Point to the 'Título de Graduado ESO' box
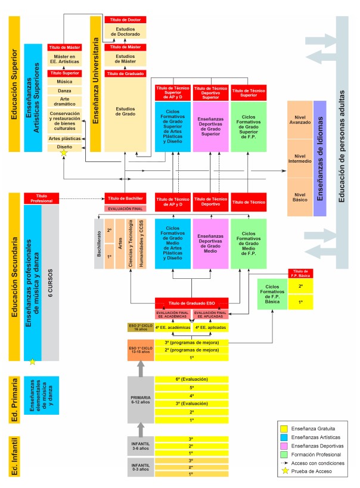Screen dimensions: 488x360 [x=192, y=303]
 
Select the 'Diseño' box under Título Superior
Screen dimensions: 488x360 [x=64, y=146]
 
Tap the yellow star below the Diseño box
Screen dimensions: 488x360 [x=64, y=154]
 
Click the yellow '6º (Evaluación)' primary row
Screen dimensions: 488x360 [x=192, y=379]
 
